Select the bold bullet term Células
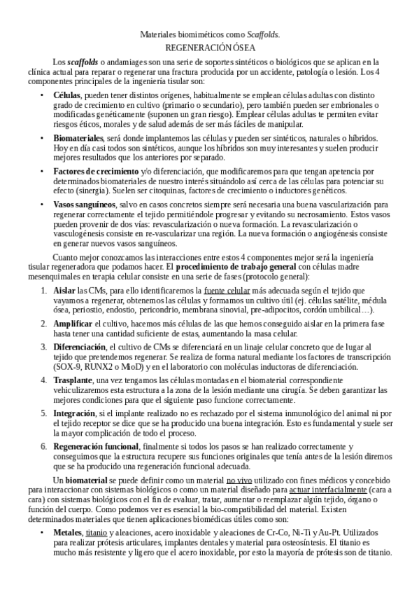click(x=67, y=95)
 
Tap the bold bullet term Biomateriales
click(x=78, y=139)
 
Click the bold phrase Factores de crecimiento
click(x=96, y=172)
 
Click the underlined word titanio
click(x=97, y=533)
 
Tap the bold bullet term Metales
click(x=68, y=533)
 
